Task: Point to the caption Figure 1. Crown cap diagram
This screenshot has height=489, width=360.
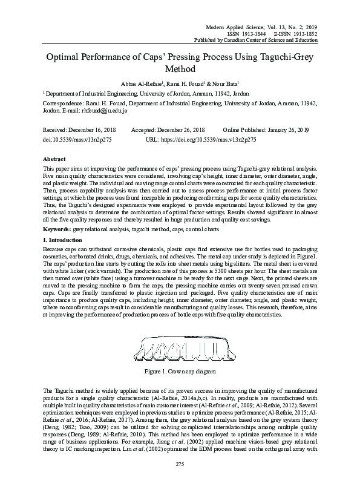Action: click(180, 369)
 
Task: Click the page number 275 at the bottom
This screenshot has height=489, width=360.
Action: click(180, 480)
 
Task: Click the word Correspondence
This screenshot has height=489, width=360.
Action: click(63, 104)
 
